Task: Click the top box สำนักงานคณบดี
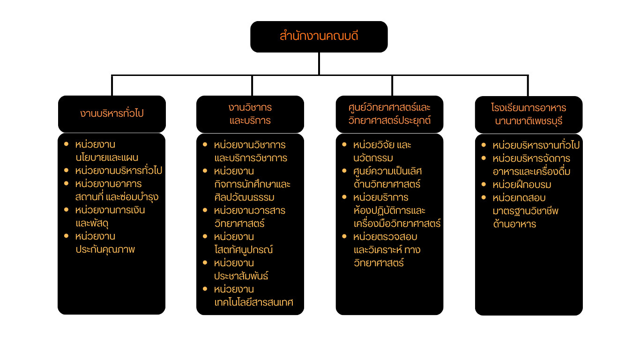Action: [x=319, y=37]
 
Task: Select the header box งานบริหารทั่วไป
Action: [x=112, y=114]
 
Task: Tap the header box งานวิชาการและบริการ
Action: [x=250, y=114]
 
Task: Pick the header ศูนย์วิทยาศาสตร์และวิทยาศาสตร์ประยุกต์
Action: [x=389, y=114]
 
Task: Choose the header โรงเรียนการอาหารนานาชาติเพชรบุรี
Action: [x=528, y=114]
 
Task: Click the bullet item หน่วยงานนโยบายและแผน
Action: [x=106, y=151]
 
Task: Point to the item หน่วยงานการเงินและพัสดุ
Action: [x=110, y=217]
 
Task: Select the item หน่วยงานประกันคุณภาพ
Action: [x=105, y=243]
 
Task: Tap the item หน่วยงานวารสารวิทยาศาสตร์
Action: [x=249, y=217]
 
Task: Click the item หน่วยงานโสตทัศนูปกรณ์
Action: [x=243, y=243]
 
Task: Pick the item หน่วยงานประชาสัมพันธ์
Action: [x=241, y=269]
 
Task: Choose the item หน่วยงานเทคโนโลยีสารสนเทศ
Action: [x=253, y=295]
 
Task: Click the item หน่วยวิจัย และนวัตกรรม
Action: [x=382, y=151]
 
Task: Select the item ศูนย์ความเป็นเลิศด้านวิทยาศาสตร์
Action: [x=387, y=177]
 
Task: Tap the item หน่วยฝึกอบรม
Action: [x=521, y=185]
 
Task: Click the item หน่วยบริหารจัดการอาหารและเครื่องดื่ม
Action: [x=531, y=165]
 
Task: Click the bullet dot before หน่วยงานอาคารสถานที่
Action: [x=66, y=183]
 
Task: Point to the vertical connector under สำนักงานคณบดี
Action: [x=319, y=63]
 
